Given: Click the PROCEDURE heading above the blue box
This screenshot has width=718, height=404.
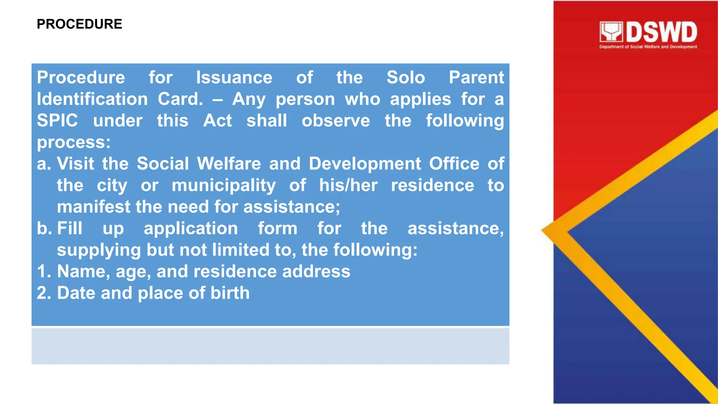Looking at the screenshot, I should (79, 24).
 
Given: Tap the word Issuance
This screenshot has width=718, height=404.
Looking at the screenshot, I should (234, 78).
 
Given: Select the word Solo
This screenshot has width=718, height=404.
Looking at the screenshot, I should (406, 78).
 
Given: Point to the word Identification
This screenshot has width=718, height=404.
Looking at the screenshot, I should (92, 99).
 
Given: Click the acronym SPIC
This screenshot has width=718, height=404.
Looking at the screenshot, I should (57, 121).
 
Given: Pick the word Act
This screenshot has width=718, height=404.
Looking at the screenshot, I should (217, 121).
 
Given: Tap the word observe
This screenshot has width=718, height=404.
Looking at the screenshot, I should (336, 121).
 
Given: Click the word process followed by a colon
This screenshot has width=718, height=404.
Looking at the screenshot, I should (74, 142).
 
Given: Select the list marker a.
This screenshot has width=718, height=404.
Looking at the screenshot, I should (44, 164).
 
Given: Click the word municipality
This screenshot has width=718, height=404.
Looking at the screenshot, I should (224, 186).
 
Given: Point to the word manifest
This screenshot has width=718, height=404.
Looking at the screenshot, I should (94, 207).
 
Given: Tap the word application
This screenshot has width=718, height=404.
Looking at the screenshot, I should (191, 229).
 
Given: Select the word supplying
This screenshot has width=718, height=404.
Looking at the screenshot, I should (99, 250).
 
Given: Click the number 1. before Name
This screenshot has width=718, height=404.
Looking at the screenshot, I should (44, 271).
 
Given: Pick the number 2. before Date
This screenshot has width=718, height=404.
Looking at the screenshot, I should (44, 293).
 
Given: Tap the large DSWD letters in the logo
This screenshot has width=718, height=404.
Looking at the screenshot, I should (661, 32).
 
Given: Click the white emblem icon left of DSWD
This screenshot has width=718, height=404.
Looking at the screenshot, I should (611, 32).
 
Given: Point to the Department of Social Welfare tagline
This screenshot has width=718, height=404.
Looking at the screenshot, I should (648, 47).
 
